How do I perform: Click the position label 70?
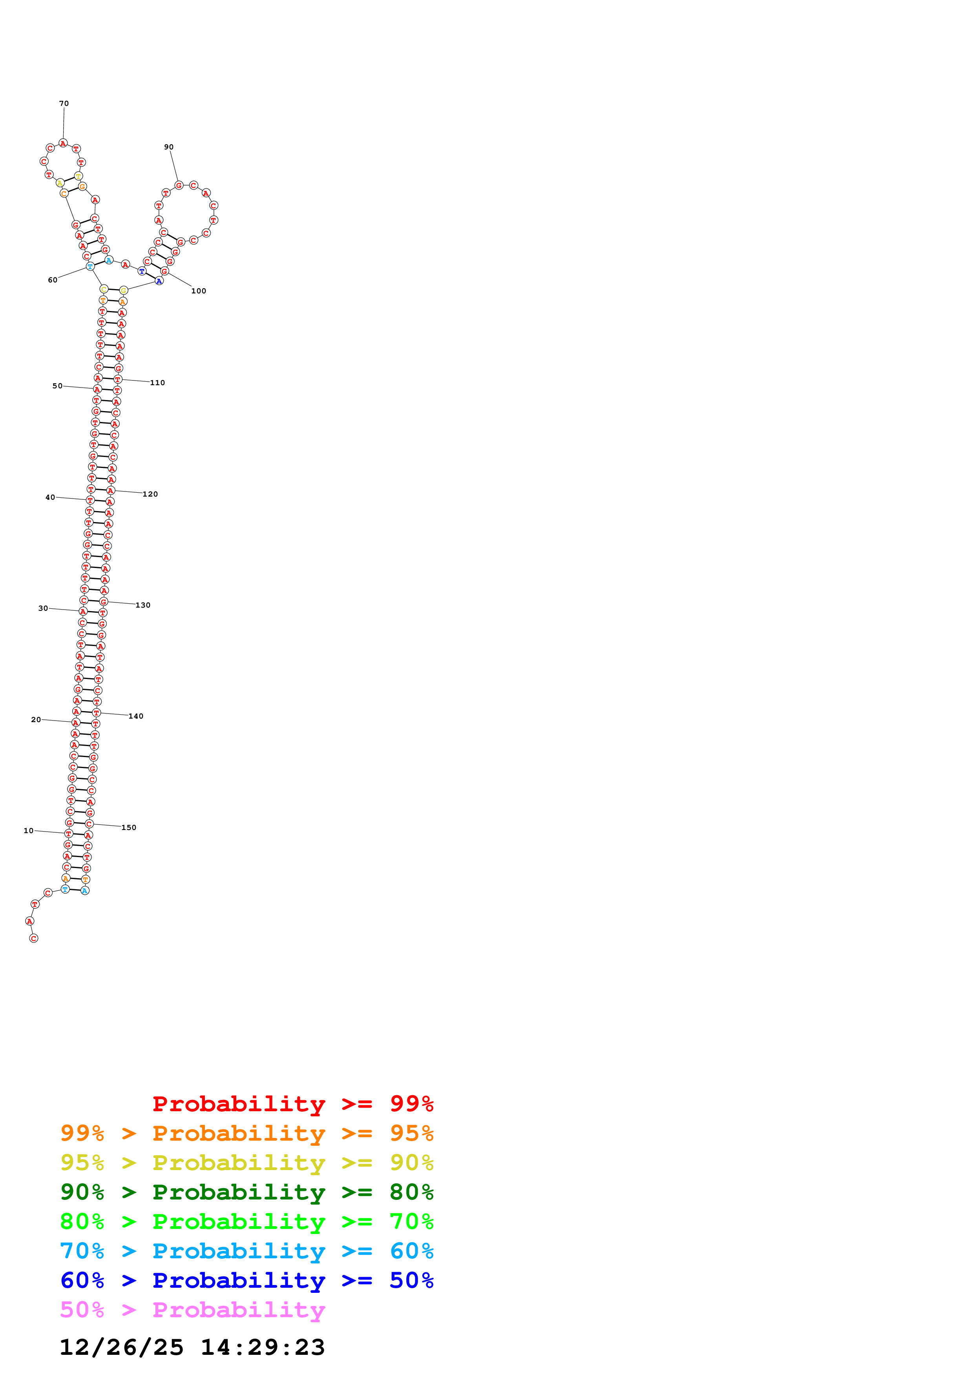pos(64,104)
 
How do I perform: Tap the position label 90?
pos(169,147)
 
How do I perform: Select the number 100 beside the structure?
pos(199,291)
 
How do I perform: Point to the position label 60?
pos(53,280)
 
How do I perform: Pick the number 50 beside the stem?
pos(58,386)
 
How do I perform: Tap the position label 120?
pos(150,494)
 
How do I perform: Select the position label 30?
pos(43,608)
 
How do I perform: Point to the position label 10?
pos(29,831)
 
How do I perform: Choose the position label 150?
pos(129,828)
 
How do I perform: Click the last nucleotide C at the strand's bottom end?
pos(34,938)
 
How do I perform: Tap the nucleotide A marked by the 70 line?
pos(63,143)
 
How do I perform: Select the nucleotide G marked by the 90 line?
pos(179,185)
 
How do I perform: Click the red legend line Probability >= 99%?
pos(293,1103)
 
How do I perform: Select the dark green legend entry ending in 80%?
pos(247,1192)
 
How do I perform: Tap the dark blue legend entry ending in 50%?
pos(247,1280)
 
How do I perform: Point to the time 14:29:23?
pos(263,1347)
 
